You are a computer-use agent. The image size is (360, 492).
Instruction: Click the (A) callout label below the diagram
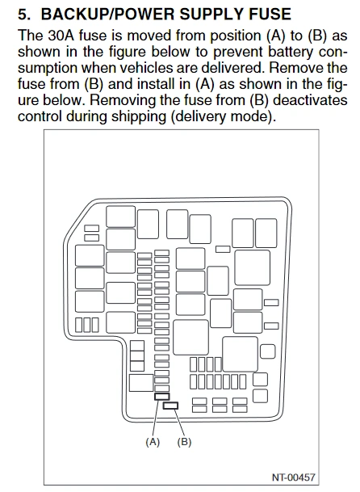[153, 442]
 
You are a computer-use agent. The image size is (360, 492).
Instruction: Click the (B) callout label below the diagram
[184, 442]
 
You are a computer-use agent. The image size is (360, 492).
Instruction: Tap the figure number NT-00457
[293, 477]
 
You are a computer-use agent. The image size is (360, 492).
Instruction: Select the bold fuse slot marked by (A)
[161, 397]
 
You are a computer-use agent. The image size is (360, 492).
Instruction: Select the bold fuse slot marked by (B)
[170, 406]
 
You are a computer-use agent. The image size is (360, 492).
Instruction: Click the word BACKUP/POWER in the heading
[107, 14]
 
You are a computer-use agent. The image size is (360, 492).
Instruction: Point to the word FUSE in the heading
[267, 14]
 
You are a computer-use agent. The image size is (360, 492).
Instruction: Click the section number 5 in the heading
[23, 15]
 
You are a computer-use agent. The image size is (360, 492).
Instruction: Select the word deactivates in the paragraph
[311, 100]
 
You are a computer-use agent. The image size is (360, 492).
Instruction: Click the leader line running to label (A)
[157, 418]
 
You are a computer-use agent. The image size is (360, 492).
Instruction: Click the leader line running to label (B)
[178, 423]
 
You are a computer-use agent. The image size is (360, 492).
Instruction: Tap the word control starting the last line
[40, 116]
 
